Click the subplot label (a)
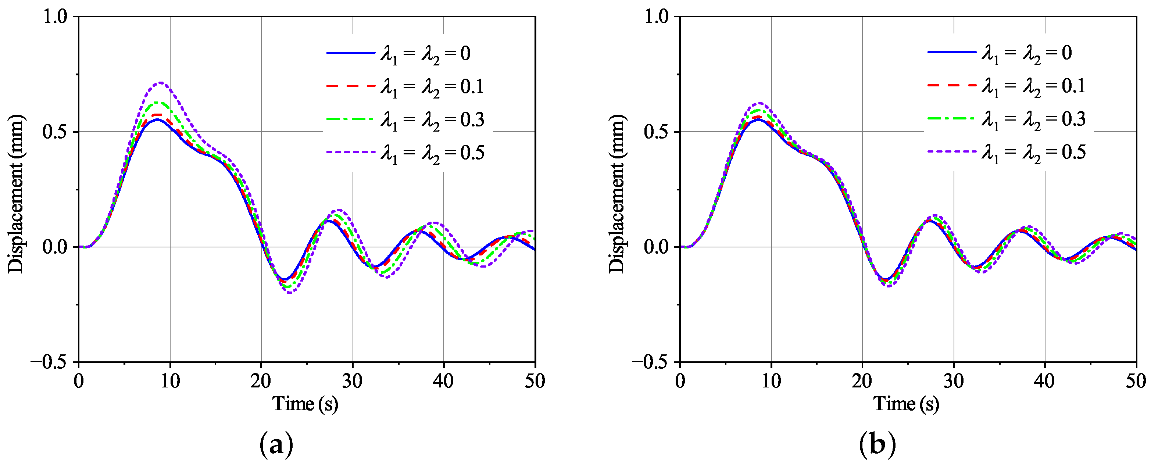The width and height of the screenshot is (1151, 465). click(x=276, y=444)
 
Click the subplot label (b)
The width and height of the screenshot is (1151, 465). click(x=877, y=444)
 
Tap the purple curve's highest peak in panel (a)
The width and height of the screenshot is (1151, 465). click(x=160, y=83)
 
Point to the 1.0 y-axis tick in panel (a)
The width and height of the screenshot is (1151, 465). click(x=54, y=17)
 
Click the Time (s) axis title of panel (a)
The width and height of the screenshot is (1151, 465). click(x=305, y=404)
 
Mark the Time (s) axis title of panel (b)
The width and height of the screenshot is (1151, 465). click(x=906, y=404)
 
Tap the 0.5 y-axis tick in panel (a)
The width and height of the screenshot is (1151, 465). click(x=54, y=132)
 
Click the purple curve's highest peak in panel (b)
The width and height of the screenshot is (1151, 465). click(x=759, y=103)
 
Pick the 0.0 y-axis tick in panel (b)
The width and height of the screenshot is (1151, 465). click(x=656, y=247)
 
